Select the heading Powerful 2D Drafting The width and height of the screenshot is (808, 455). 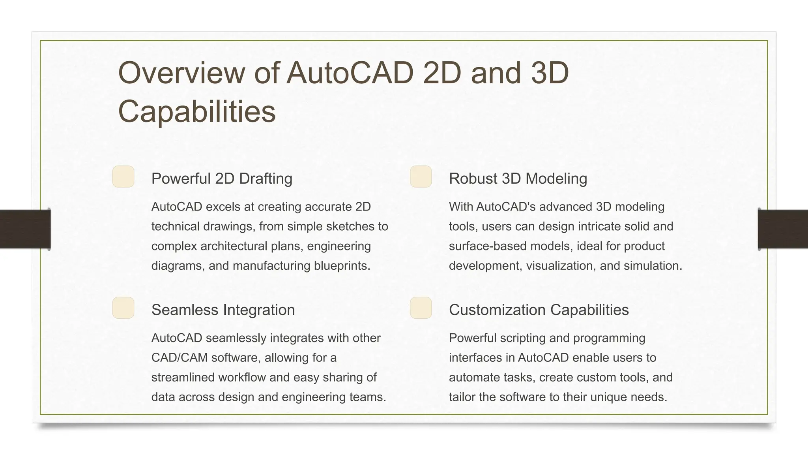(x=222, y=179)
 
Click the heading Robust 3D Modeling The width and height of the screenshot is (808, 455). (x=518, y=179)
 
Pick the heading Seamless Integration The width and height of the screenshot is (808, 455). (x=223, y=310)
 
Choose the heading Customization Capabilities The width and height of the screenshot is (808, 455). (x=539, y=310)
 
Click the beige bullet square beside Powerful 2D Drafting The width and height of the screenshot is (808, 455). (x=123, y=177)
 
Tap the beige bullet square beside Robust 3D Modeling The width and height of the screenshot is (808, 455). (x=421, y=177)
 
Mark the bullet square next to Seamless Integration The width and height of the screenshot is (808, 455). (x=123, y=308)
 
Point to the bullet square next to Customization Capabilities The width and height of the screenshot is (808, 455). (x=421, y=308)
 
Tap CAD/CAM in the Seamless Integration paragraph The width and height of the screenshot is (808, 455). (x=180, y=358)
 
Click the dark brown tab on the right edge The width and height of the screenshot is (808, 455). (x=783, y=229)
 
